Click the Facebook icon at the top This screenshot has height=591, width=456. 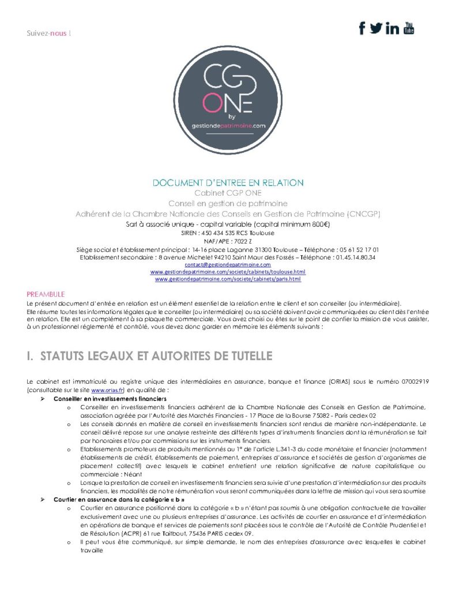click(x=362, y=28)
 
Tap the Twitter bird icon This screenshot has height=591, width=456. click(x=376, y=28)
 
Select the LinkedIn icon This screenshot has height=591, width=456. click(x=393, y=28)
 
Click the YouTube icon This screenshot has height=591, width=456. click(x=409, y=27)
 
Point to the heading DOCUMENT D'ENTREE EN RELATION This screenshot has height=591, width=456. click(x=228, y=183)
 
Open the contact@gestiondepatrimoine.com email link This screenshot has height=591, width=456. click(x=227, y=264)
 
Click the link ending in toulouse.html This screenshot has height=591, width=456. click(x=228, y=271)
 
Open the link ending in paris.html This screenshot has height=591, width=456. click(x=228, y=279)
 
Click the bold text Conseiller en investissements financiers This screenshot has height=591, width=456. click(x=110, y=399)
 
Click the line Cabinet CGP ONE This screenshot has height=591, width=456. click(x=228, y=193)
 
